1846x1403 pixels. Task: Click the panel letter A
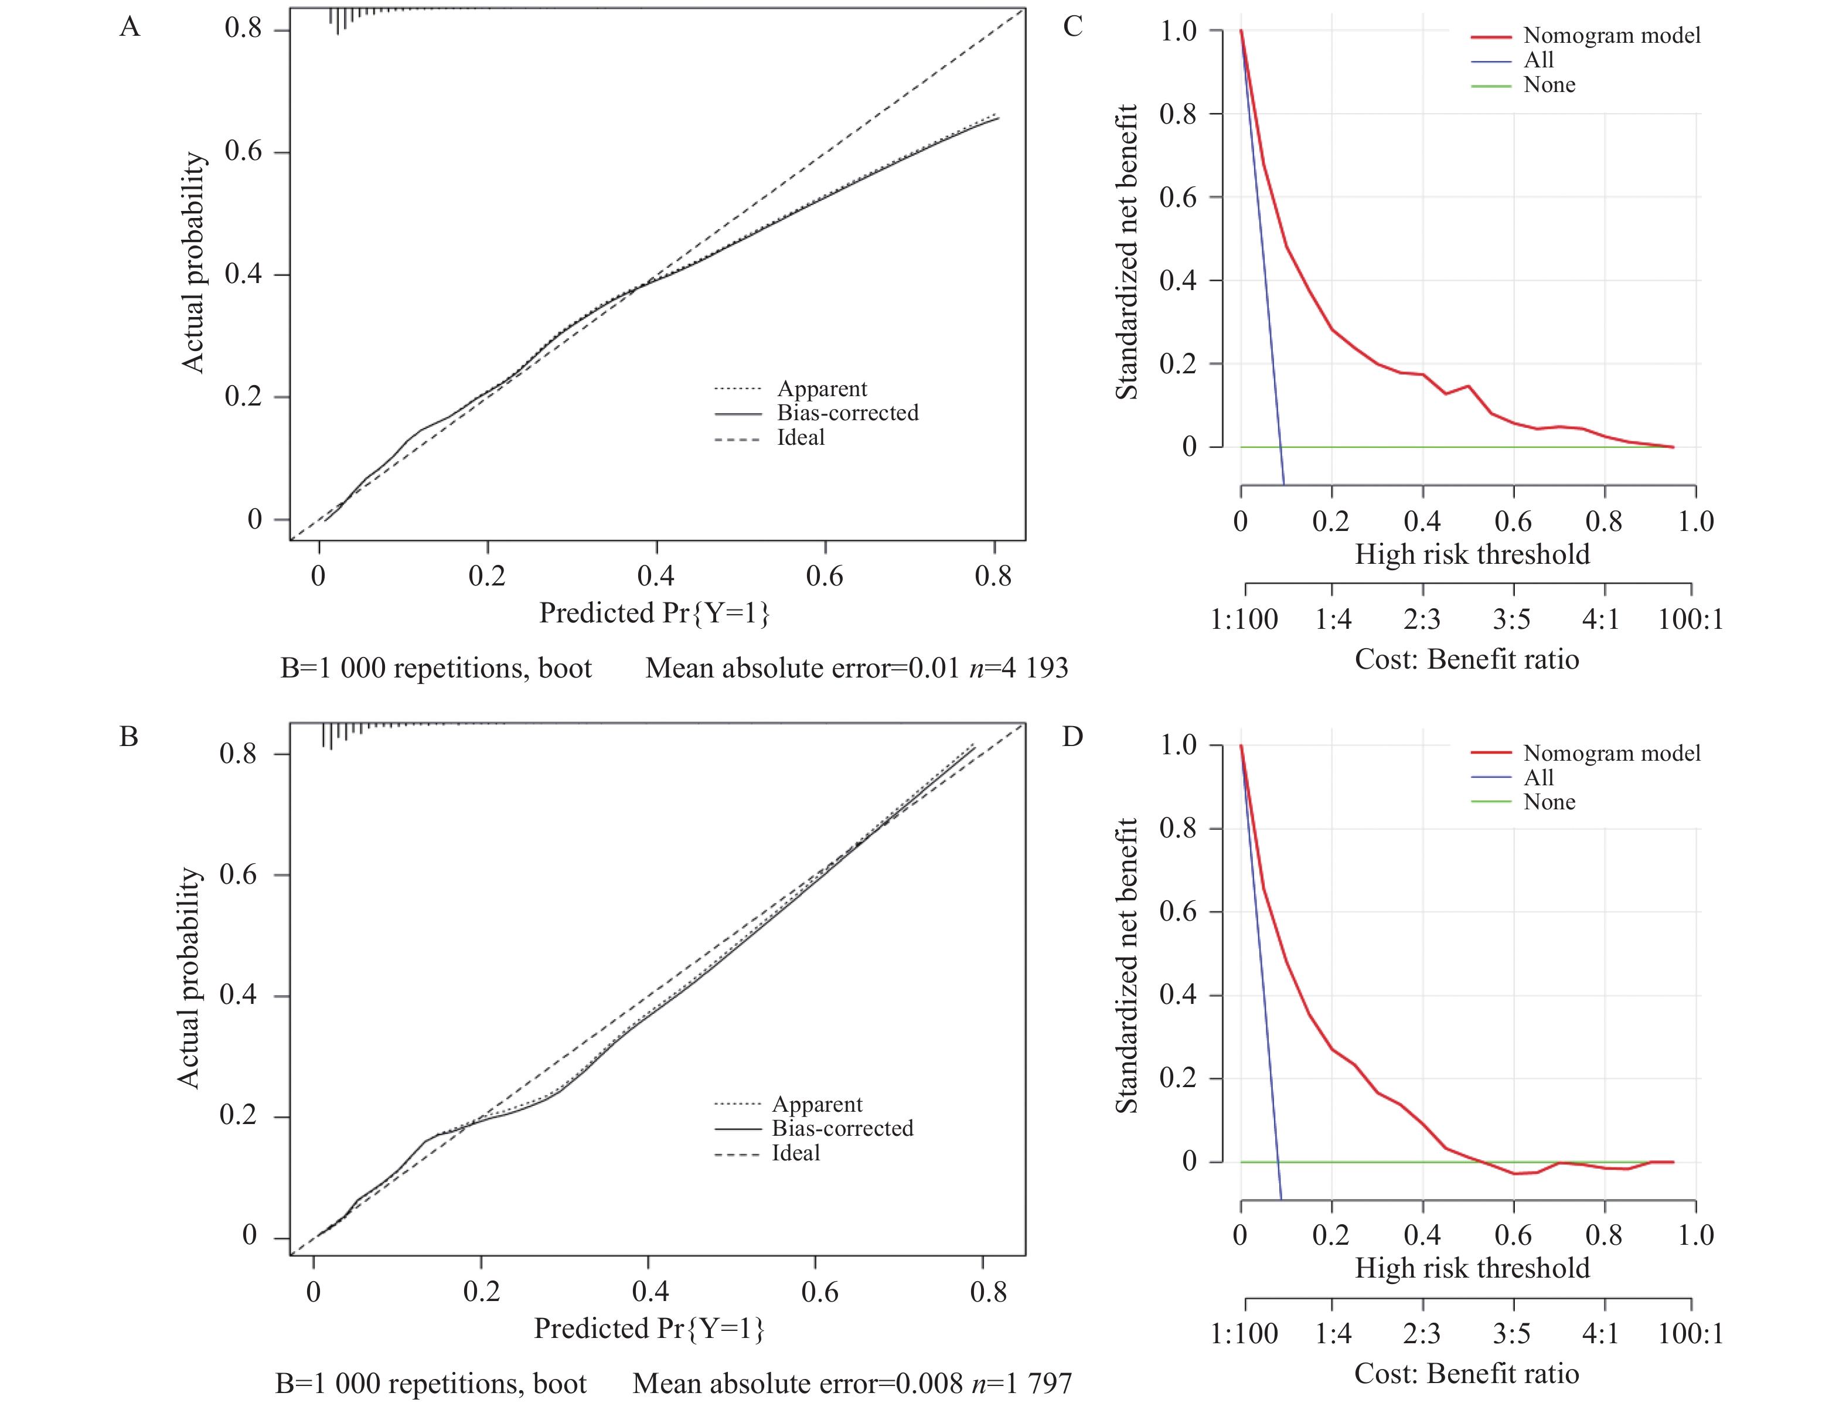pyautogui.click(x=130, y=28)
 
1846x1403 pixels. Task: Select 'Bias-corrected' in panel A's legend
pyautogui.click(x=847, y=413)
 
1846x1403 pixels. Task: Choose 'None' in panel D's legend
pyautogui.click(x=1549, y=802)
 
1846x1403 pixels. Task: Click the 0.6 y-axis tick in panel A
pyautogui.click(x=243, y=152)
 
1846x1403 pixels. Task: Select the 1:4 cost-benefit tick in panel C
pyautogui.click(x=1333, y=619)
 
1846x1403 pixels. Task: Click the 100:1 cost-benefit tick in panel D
pyautogui.click(x=1690, y=1334)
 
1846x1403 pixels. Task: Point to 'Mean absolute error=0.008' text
pyautogui.click(x=798, y=1384)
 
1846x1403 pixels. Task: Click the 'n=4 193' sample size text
pyautogui.click(x=1019, y=668)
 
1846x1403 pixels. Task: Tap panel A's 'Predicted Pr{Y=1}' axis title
pyautogui.click(x=654, y=613)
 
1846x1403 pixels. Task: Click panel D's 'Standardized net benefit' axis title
pyautogui.click(x=1126, y=965)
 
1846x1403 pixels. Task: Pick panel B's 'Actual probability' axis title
pyautogui.click(x=189, y=977)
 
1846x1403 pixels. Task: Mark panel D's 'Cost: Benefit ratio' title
pyautogui.click(x=1466, y=1374)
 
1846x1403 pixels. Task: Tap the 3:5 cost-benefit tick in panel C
pyautogui.click(x=1511, y=619)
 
